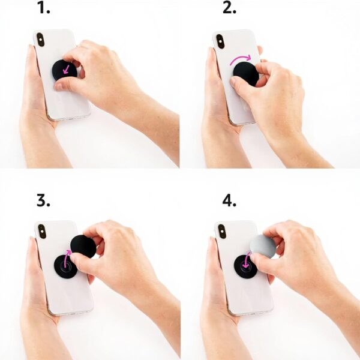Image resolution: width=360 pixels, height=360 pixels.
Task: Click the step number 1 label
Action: click(x=43, y=8)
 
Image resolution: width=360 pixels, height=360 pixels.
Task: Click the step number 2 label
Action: click(x=229, y=8)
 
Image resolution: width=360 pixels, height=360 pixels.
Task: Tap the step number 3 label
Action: click(x=43, y=200)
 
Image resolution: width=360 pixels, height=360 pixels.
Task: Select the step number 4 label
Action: click(x=229, y=200)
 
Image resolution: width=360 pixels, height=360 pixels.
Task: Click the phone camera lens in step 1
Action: click(x=40, y=40)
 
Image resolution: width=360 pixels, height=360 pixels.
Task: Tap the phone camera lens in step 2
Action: click(x=220, y=41)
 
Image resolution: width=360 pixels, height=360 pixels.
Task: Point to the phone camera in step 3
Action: click(x=42, y=231)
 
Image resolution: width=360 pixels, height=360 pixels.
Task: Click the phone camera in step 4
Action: click(x=221, y=231)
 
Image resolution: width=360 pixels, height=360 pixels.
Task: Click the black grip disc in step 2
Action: click(x=245, y=72)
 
